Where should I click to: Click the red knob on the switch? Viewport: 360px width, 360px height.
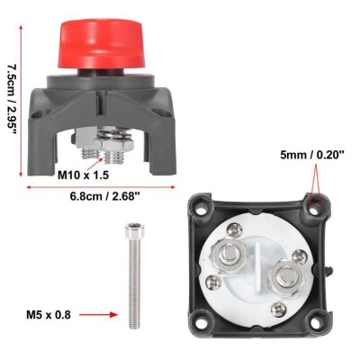102,43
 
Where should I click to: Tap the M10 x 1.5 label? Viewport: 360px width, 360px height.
83,175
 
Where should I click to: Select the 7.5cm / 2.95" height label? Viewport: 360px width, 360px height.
11,98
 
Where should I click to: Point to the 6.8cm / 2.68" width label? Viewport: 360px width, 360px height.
105,197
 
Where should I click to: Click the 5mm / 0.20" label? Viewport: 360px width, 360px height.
312,155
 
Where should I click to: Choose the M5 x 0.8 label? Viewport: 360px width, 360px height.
49,315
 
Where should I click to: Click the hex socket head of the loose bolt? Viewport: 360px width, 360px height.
135,230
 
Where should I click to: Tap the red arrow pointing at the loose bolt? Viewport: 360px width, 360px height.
98,315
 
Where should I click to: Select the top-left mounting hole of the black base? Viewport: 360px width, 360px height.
203,207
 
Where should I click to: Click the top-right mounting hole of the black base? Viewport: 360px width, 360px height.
313,209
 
